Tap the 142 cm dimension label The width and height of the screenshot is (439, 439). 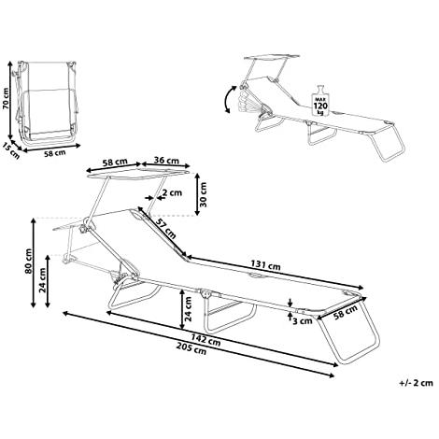click(x=205, y=339)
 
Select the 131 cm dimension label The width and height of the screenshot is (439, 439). click(x=265, y=265)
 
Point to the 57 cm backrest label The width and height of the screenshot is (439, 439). click(x=165, y=228)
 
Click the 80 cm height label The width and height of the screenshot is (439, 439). click(x=28, y=261)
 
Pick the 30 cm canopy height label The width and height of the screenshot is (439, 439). click(x=203, y=194)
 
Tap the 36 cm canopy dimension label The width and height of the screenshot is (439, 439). click(x=166, y=161)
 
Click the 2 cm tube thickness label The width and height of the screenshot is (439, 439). click(x=172, y=193)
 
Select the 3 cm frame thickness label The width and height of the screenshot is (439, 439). click(x=303, y=320)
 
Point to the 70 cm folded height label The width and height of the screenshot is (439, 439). click(x=6, y=98)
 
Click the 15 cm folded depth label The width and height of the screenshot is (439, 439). click(x=11, y=150)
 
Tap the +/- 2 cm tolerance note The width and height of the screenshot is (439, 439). click(x=417, y=383)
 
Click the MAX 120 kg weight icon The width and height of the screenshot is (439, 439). click(x=320, y=100)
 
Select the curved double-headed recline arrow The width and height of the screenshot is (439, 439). click(x=229, y=99)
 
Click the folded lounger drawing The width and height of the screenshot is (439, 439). click(x=46, y=103)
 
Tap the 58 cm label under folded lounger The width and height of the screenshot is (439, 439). click(x=54, y=153)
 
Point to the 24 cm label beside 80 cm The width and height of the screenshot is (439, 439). click(x=43, y=280)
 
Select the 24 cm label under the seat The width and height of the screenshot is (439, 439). click(x=188, y=308)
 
